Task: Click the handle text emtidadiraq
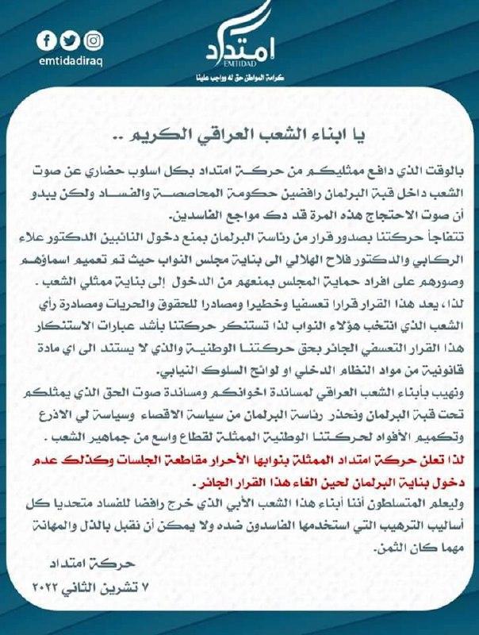pos(71,59)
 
